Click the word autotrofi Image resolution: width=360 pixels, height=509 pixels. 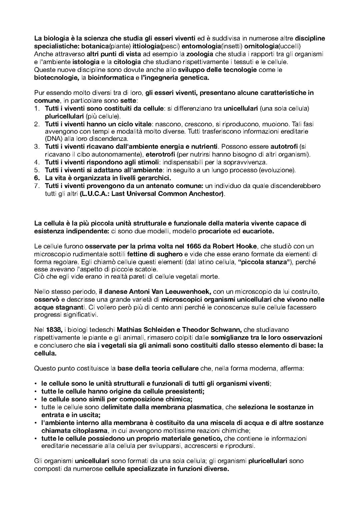coord(284,147)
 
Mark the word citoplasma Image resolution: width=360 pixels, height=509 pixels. coord(83,430)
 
